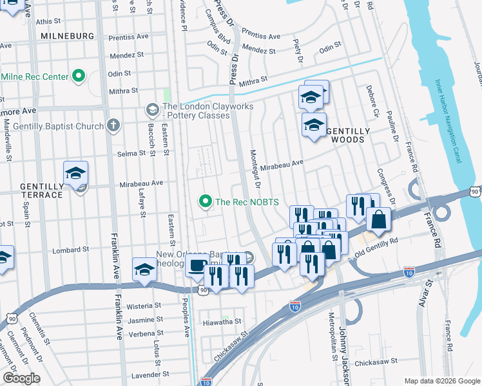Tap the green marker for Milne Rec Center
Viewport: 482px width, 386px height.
[x=79, y=77]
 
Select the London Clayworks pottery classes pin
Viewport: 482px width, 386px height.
[x=152, y=107]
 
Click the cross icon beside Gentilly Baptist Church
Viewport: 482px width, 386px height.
[x=113, y=125]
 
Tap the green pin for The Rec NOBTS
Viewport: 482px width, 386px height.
[x=206, y=202]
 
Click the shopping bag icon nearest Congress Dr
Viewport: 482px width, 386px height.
[x=378, y=219]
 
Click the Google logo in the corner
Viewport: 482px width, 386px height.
[x=21, y=378]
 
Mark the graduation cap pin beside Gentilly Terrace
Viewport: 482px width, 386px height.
[x=75, y=173]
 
